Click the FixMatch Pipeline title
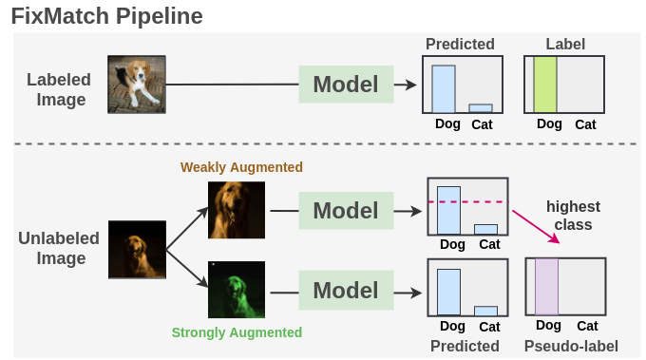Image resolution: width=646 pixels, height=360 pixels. pyautogui.click(x=105, y=16)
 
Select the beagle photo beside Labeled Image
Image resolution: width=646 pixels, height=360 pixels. pyautogui.click(x=130, y=85)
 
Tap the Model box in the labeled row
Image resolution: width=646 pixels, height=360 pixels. pyautogui.click(x=346, y=85)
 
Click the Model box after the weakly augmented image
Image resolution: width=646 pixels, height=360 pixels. pyautogui.click(x=346, y=210)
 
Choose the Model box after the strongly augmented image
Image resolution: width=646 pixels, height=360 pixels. pyautogui.click(x=346, y=289)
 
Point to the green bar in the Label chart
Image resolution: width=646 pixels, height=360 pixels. pyautogui.click(x=544, y=86)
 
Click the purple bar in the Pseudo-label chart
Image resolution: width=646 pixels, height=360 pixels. pyautogui.click(x=546, y=286)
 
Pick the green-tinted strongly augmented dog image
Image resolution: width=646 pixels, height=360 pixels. pyautogui.click(x=237, y=291)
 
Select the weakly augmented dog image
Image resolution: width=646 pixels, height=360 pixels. pyautogui.click(x=237, y=211)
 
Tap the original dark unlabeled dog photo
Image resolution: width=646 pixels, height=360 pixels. pyautogui.click(x=137, y=250)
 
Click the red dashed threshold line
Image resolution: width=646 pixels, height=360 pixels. pyautogui.click(x=468, y=202)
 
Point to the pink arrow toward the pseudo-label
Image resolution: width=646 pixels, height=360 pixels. pyautogui.click(x=537, y=227)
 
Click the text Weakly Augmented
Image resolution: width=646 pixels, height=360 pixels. pyautogui.click(x=241, y=168)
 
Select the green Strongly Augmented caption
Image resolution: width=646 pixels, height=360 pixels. pyautogui.click(x=237, y=332)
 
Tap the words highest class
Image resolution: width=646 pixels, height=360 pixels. pyautogui.click(x=573, y=216)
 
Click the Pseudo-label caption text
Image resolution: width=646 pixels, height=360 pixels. pyautogui.click(x=571, y=346)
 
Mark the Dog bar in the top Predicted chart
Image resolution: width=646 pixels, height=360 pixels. pyautogui.click(x=444, y=88)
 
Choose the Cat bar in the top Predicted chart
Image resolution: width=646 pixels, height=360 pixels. pyautogui.click(x=481, y=108)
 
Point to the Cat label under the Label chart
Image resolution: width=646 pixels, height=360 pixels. pyautogui.click(x=585, y=124)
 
